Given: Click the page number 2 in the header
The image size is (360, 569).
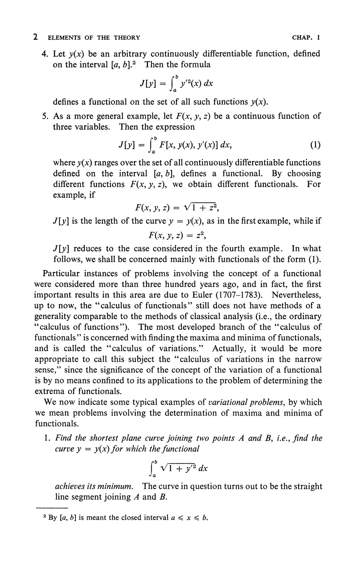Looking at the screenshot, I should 36,37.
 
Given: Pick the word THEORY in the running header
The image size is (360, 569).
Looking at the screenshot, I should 127,37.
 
